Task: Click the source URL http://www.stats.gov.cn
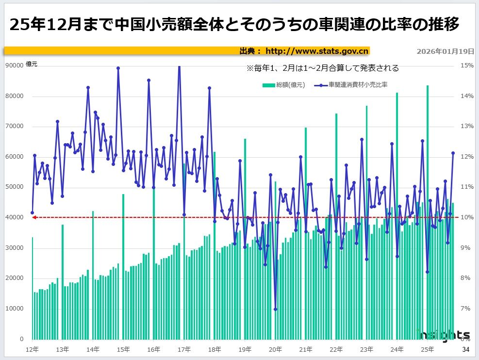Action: tap(317, 51)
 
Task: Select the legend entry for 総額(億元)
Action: tap(284, 85)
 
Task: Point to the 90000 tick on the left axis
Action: tap(14, 65)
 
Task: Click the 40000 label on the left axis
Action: tap(14, 217)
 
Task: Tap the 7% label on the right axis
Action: tap(466, 309)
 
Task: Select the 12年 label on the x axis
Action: tap(32, 349)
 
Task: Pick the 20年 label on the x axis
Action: tap(275, 349)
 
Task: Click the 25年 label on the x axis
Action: tap(427, 349)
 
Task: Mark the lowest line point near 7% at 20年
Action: tap(275, 309)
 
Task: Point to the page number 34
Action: tap(465, 349)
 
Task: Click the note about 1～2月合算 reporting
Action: tap(322, 68)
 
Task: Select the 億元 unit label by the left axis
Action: tap(32, 64)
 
